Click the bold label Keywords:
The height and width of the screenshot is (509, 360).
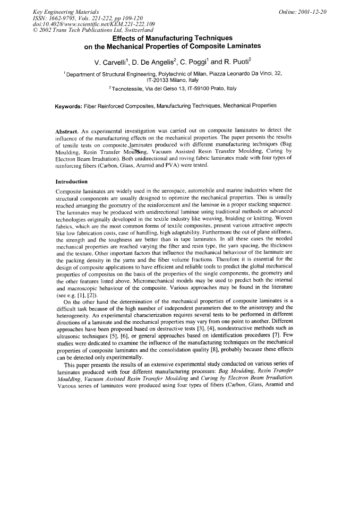click(x=72, y=106)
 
